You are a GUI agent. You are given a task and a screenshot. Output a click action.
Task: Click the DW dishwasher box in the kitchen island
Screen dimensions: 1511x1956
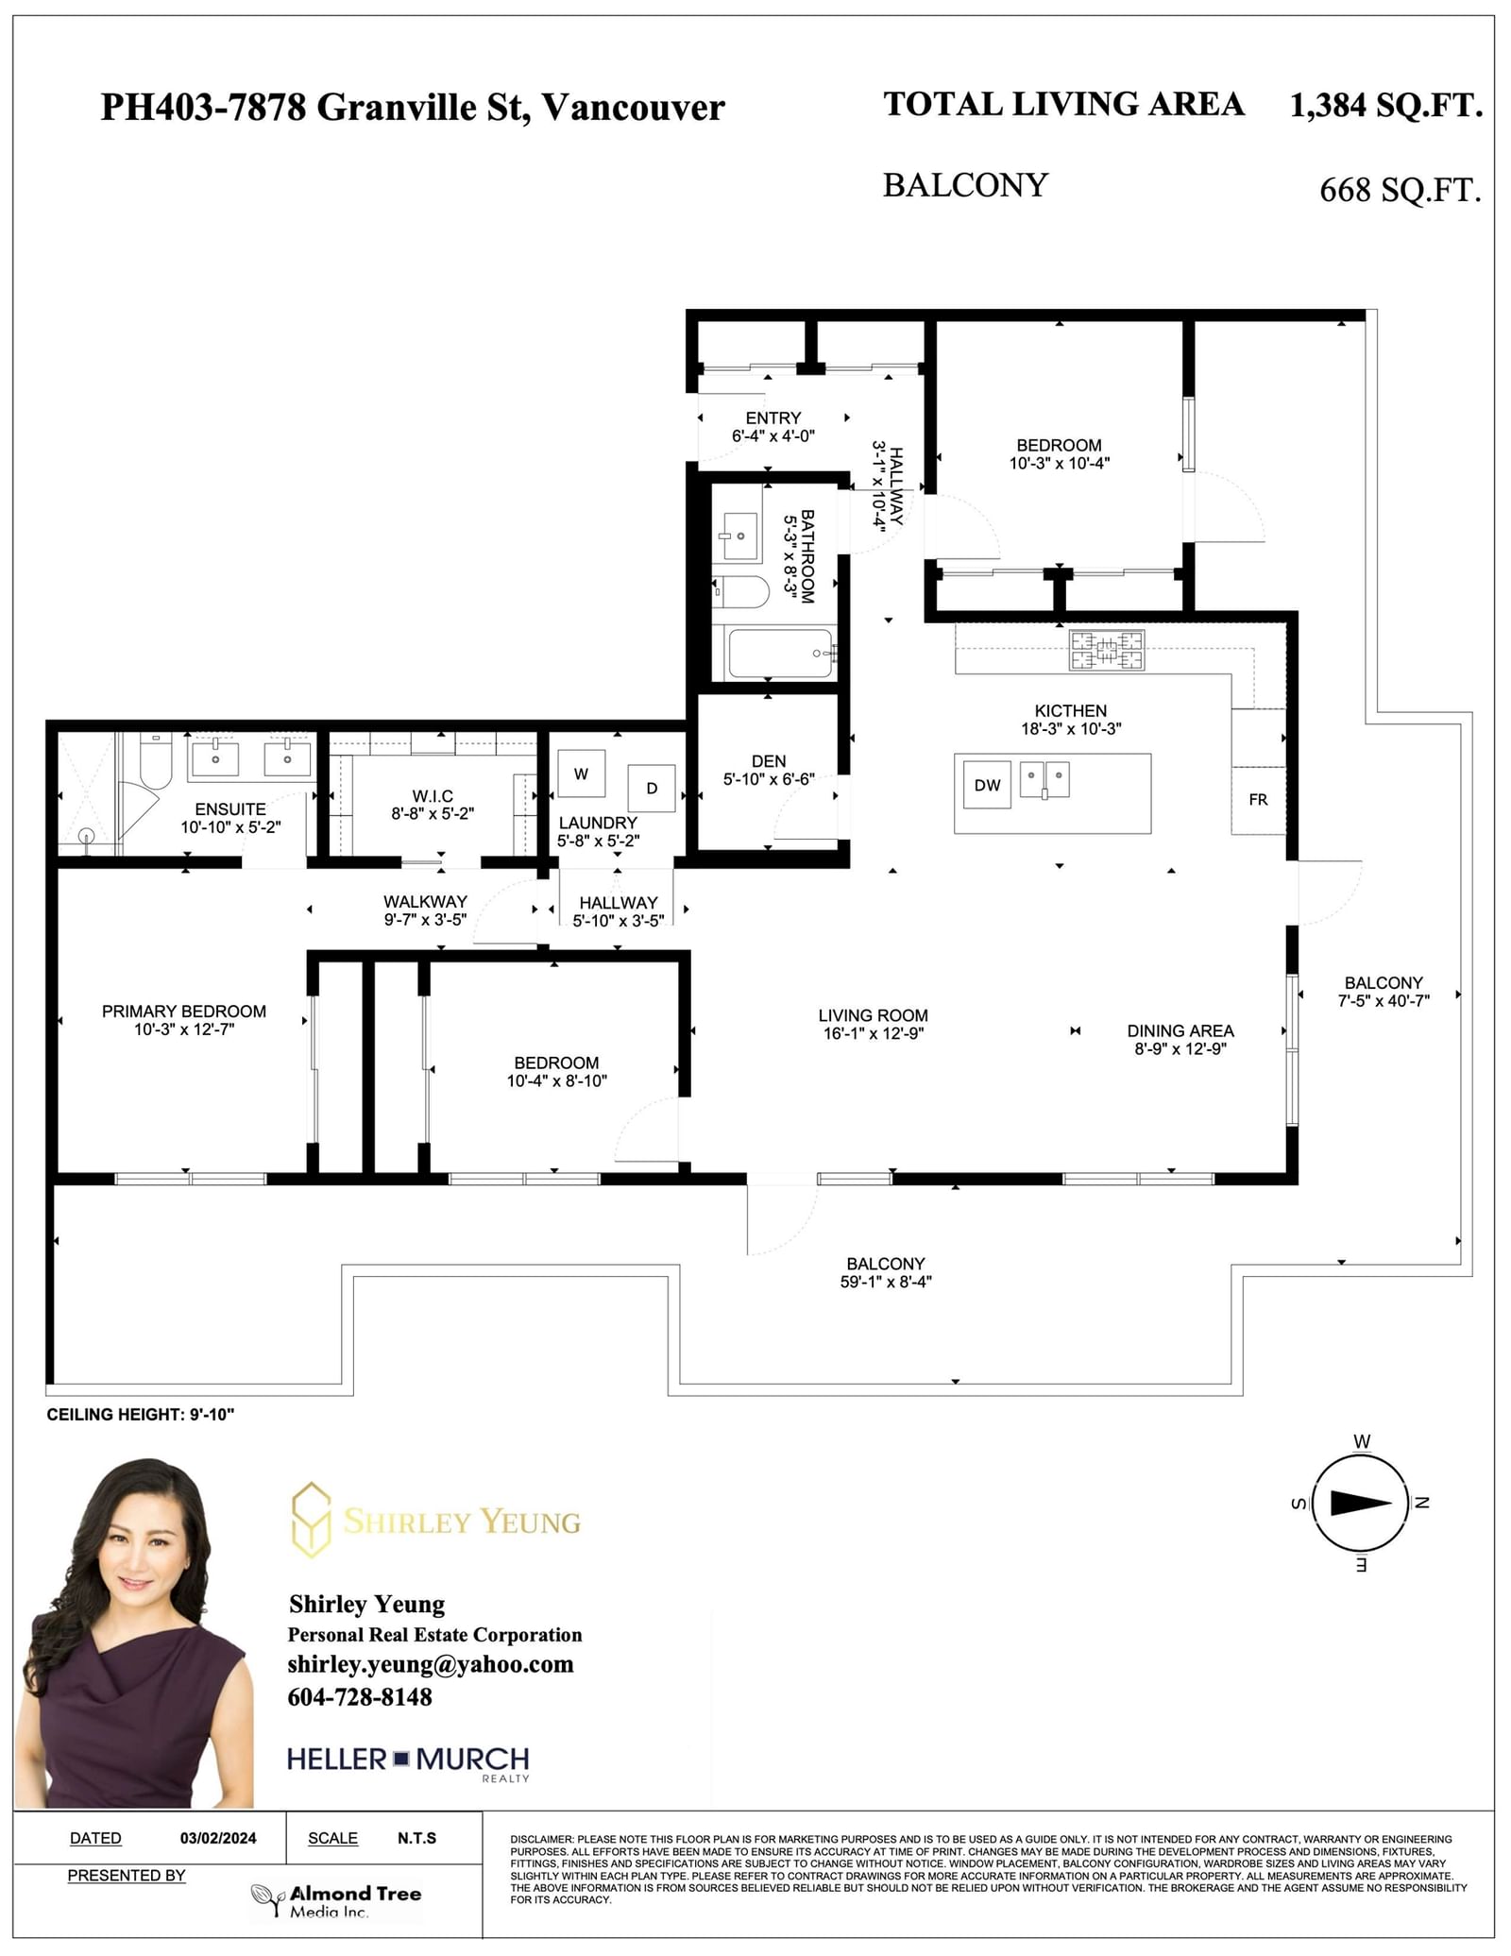[x=987, y=785]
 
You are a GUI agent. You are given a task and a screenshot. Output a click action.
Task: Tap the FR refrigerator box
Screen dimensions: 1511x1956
[x=1258, y=800]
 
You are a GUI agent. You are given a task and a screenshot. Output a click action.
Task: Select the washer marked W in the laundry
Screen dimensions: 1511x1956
[x=581, y=774]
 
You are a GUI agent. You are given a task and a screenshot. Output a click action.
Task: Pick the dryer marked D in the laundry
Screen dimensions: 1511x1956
[x=652, y=788]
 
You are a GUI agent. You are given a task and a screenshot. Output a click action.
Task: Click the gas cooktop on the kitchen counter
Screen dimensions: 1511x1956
[x=1106, y=650]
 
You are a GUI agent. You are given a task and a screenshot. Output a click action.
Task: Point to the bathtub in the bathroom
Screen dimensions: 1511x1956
[x=781, y=654]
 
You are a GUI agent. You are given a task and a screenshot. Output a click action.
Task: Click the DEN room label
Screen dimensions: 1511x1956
[x=769, y=761]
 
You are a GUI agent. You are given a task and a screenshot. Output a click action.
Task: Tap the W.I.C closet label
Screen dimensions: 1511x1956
[x=433, y=796]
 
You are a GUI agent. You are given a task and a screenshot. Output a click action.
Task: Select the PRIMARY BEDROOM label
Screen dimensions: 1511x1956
[x=184, y=1012]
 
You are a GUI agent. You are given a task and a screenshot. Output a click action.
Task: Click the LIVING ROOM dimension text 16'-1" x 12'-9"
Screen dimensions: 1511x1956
[x=874, y=1033]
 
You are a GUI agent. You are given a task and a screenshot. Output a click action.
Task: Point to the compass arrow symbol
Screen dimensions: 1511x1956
[x=1360, y=1503]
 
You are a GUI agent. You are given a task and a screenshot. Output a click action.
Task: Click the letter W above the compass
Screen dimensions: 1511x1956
[x=1362, y=1441]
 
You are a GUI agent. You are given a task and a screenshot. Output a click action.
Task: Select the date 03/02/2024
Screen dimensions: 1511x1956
[x=218, y=1838]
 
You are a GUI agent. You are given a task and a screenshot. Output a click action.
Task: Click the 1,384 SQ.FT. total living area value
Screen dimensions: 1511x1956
[x=1385, y=105]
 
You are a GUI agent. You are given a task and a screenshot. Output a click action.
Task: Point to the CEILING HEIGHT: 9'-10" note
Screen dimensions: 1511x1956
[x=141, y=1414]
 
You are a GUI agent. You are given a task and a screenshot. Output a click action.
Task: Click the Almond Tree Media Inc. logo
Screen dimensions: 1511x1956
[x=336, y=1900]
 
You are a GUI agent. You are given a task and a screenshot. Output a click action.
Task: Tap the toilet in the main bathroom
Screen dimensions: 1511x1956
[x=741, y=591]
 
